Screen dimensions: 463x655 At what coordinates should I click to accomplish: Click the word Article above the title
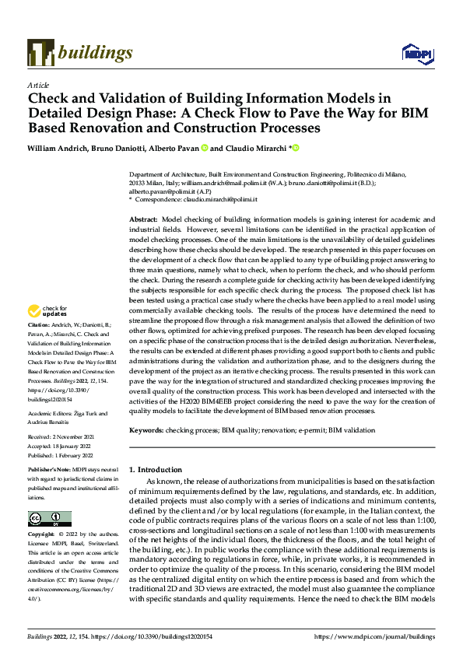click(x=38, y=85)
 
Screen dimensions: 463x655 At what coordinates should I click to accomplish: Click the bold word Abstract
click(x=144, y=220)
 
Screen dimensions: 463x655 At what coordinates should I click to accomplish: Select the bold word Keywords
click(x=147, y=429)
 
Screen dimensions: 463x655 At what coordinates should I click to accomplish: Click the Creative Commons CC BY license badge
click(x=50, y=519)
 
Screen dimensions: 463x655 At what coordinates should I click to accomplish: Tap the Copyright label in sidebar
click(x=42, y=535)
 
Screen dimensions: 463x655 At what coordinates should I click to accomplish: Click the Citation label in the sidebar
click(x=39, y=345)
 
